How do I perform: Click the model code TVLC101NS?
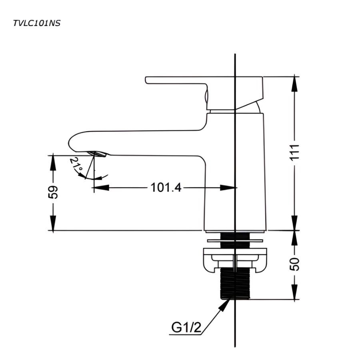click(x=37, y=23)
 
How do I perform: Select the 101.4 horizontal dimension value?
click(x=166, y=187)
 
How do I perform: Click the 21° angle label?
click(x=77, y=166)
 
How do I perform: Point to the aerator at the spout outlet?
click(x=98, y=154)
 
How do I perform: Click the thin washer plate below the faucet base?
click(x=235, y=241)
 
